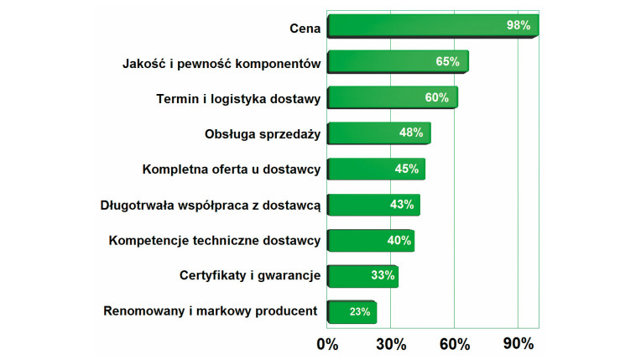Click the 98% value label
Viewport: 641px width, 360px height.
519,26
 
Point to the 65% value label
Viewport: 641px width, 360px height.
447,62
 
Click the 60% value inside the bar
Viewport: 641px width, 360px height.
437,98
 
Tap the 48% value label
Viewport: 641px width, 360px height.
411,133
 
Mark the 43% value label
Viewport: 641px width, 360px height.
402,205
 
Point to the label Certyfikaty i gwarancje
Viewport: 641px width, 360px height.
250,276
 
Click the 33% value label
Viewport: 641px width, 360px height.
383,276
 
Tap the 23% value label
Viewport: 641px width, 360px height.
360,312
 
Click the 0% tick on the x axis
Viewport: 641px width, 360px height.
326,344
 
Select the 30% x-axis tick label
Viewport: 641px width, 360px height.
391,344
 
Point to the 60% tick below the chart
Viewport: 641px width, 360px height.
454,344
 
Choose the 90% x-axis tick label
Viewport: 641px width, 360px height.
518,344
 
